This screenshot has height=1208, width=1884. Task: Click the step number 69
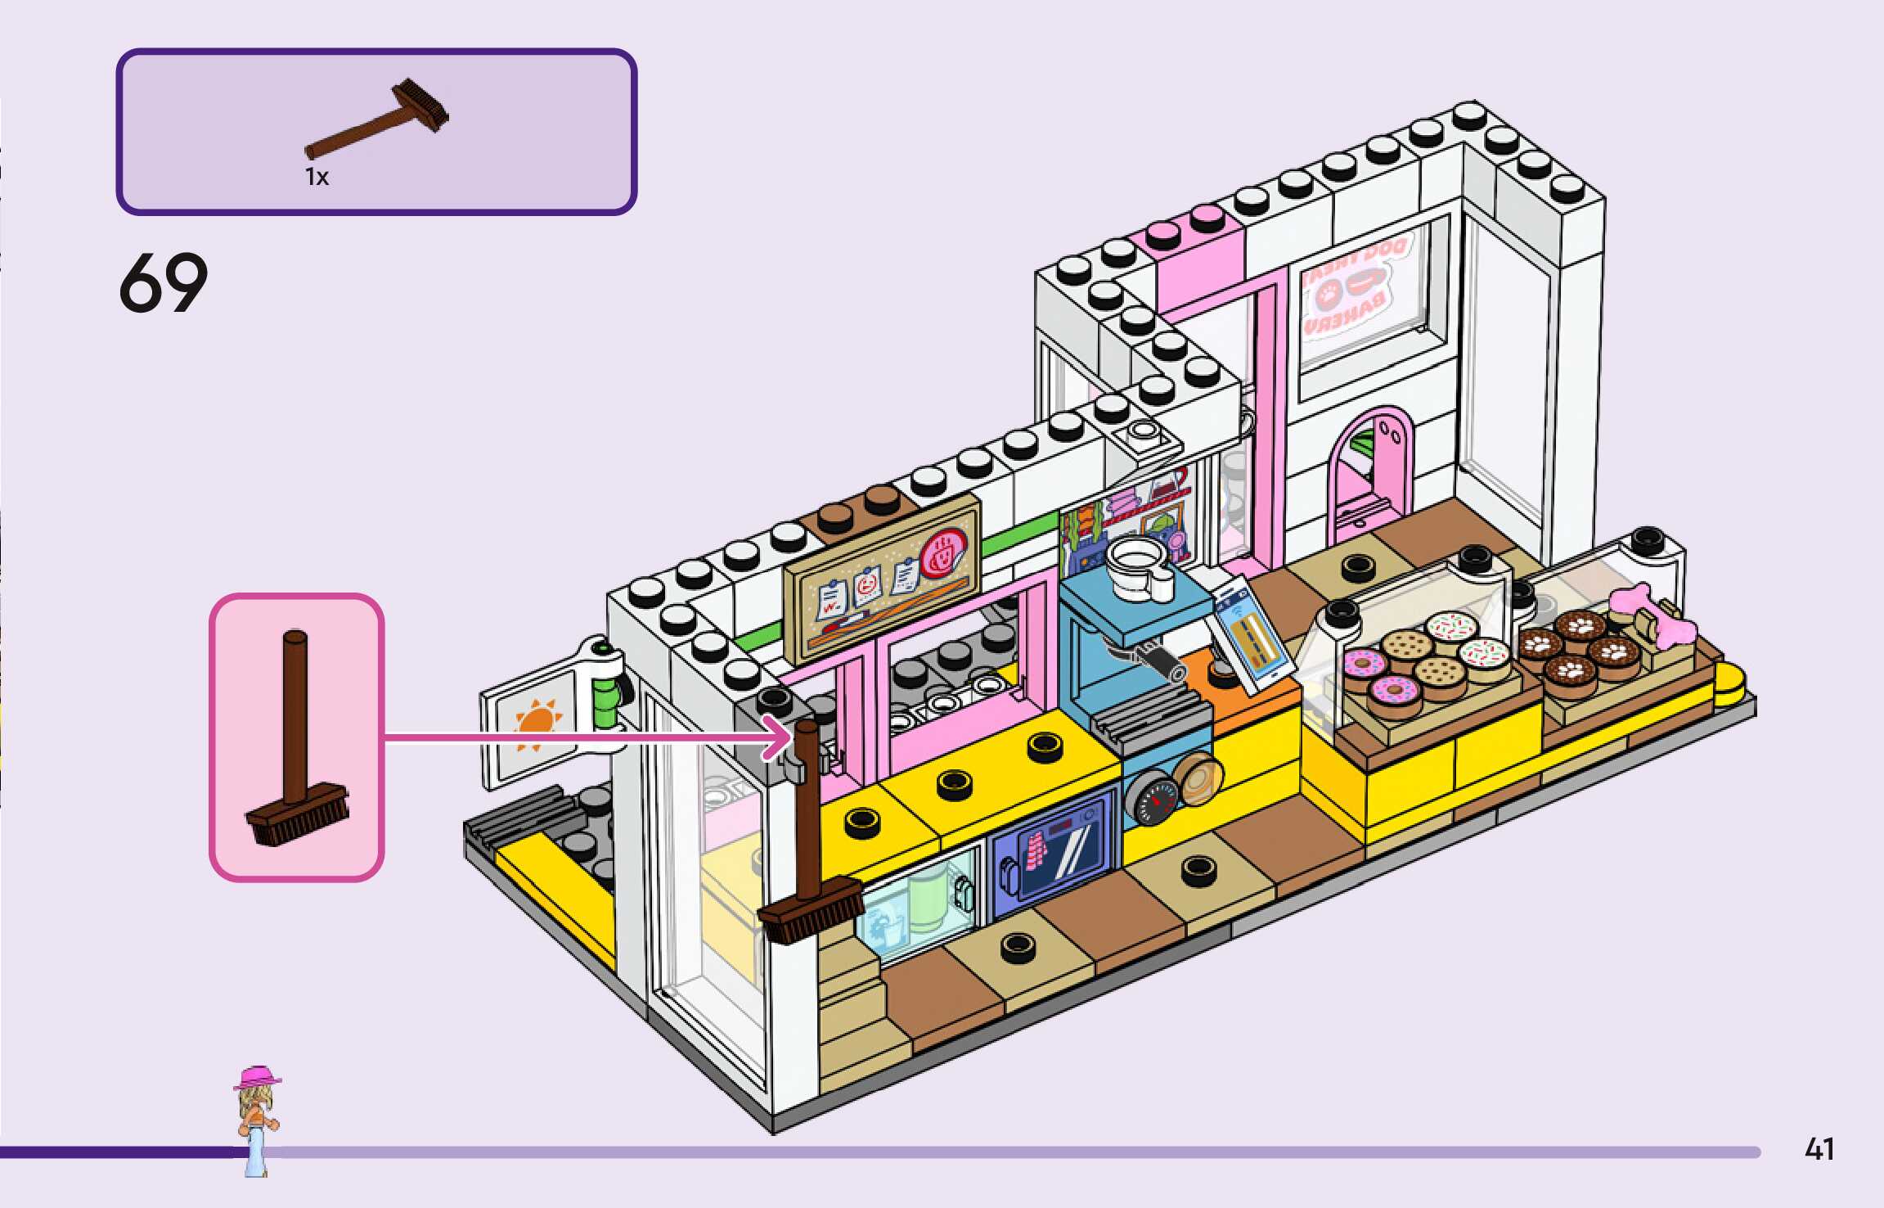163,282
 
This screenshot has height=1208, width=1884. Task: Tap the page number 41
1819,1150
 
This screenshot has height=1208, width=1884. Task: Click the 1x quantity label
317,177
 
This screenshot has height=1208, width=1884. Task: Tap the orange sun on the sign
537,724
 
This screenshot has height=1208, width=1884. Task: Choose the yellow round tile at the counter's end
1728,684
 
